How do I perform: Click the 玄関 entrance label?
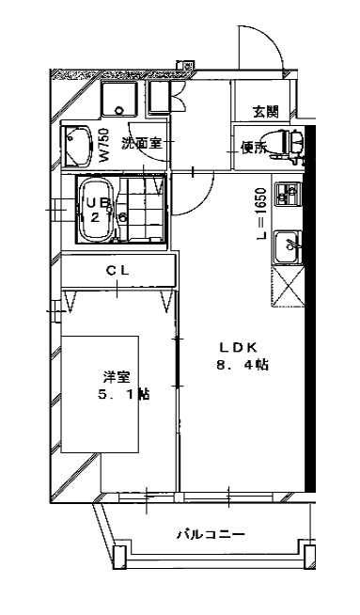[265, 112]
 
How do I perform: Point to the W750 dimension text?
[105, 146]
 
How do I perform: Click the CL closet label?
[117, 271]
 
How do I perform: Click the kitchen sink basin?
[284, 248]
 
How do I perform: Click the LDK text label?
[239, 345]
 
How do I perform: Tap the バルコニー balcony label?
[211, 535]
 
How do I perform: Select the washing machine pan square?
[120, 97]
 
